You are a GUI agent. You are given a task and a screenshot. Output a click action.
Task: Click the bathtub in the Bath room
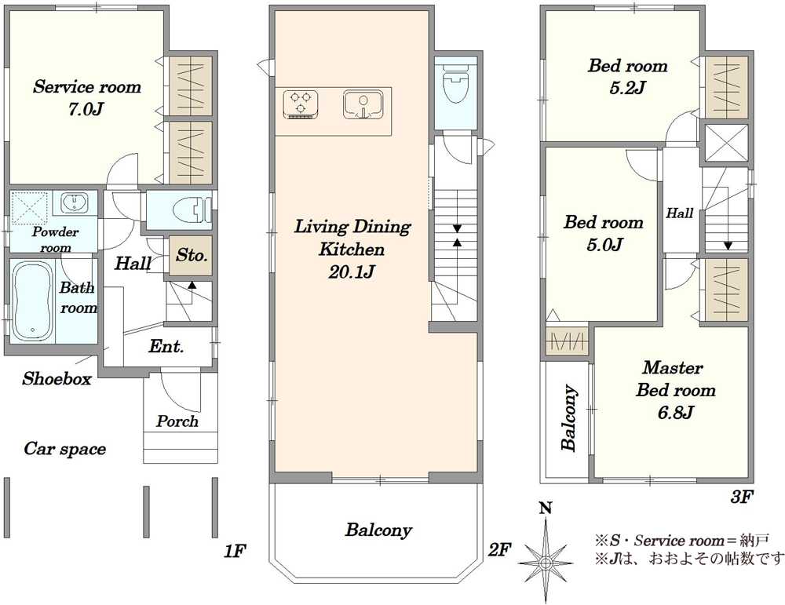pyautogui.click(x=32, y=302)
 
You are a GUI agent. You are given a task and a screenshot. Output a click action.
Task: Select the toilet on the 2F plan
pyautogui.click(x=455, y=82)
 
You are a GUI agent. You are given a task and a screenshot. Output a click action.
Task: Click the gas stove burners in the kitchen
pyautogui.click(x=301, y=104)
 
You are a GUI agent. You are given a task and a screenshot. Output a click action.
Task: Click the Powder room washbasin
pyautogui.click(x=74, y=202)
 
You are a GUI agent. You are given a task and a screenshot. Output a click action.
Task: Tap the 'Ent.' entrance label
pyautogui.click(x=166, y=346)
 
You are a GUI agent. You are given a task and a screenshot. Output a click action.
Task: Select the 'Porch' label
pyautogui.click(x=177, y=421)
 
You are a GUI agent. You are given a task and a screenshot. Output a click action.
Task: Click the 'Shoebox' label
pyautogui.click(x=57, y=379)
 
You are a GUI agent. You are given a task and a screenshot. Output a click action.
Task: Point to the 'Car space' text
pyautogui.click(x=64, y=449)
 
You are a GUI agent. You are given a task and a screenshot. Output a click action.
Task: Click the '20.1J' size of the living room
pyautogui.click(x=352, y=272)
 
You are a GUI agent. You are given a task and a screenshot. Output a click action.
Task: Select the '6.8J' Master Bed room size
pyautogui.click(x=675, y=412)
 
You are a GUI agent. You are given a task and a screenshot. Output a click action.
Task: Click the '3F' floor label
pyautogui.click(x=743, y=497)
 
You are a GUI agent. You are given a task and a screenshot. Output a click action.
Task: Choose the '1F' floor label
pyautogui.click(x=234, y=551)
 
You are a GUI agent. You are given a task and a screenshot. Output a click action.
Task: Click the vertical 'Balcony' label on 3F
pyautogui.click(x=568, y=418)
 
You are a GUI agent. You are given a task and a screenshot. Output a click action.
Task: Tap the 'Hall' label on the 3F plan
pyautogui.click(x=679, y=213)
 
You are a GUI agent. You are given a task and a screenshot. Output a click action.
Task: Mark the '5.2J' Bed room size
pyautogui.click(x=626, y=88)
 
